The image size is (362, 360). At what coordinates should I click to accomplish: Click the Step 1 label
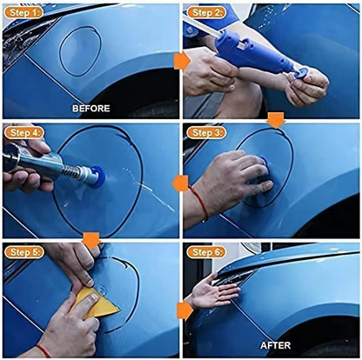24,12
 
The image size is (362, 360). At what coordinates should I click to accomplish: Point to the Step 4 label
24,133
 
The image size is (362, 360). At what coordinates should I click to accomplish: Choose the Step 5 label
24,252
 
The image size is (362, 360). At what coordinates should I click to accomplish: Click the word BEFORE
91,109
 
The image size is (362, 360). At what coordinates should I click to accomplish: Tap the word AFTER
275,345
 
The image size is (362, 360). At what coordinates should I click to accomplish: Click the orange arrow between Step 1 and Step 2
182,61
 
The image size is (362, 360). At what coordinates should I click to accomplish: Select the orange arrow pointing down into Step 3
277,120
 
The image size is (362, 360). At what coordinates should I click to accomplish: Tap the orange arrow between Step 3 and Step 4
180,183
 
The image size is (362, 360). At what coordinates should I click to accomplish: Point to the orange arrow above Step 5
91,240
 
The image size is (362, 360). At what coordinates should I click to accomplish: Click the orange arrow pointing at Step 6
184,310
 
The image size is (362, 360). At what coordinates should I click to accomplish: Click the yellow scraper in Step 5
96,303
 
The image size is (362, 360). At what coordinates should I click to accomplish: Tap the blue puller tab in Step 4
97,177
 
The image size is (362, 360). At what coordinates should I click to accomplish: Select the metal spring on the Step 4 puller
73,172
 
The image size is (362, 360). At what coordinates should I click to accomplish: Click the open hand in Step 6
215,291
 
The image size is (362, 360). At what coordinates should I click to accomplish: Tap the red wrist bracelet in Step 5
44,350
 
